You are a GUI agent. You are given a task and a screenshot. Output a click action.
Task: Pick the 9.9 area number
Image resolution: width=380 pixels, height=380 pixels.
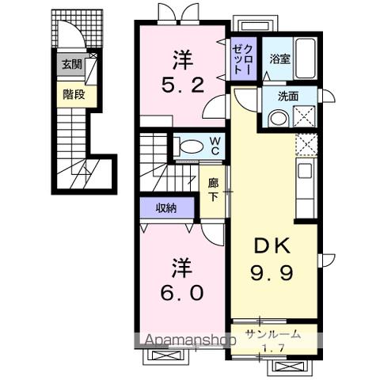[x=274, y=273]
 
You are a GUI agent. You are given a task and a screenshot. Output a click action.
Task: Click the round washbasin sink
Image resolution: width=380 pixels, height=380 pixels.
[x=278, y=118]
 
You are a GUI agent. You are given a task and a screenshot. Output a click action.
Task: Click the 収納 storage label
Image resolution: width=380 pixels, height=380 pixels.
[x=165, y=207]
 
